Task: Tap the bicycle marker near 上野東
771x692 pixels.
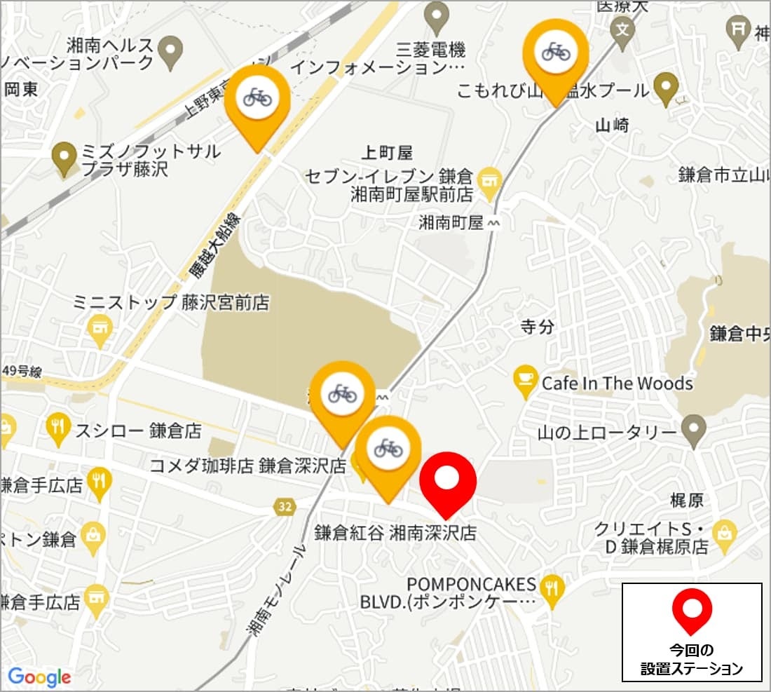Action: [x=257, y=97]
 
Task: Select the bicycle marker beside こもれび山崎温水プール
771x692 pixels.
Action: [x=556, y=51]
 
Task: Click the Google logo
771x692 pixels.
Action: [x=40, y=677]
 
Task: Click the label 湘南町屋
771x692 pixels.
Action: [x=451, y=223]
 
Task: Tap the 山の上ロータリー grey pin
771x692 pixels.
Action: [x=694, y=425]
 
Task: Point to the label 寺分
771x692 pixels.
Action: [x=538, y=326]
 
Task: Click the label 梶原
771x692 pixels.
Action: [x=686, y=501]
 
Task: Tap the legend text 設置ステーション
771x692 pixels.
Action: [x=691, y=669]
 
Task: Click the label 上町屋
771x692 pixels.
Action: [x=388, y=152]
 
